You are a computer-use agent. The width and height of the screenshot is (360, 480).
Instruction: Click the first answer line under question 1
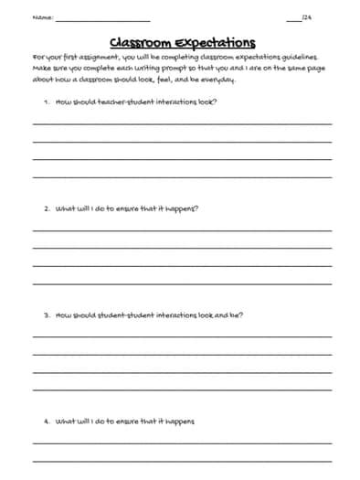[x=183, y=123]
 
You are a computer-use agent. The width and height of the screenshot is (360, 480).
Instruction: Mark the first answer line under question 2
[x=183, y=230]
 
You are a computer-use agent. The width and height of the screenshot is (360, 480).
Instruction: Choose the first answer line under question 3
[x=183, y=336]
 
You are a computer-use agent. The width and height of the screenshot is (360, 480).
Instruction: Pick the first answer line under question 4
[x=183, y=443]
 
